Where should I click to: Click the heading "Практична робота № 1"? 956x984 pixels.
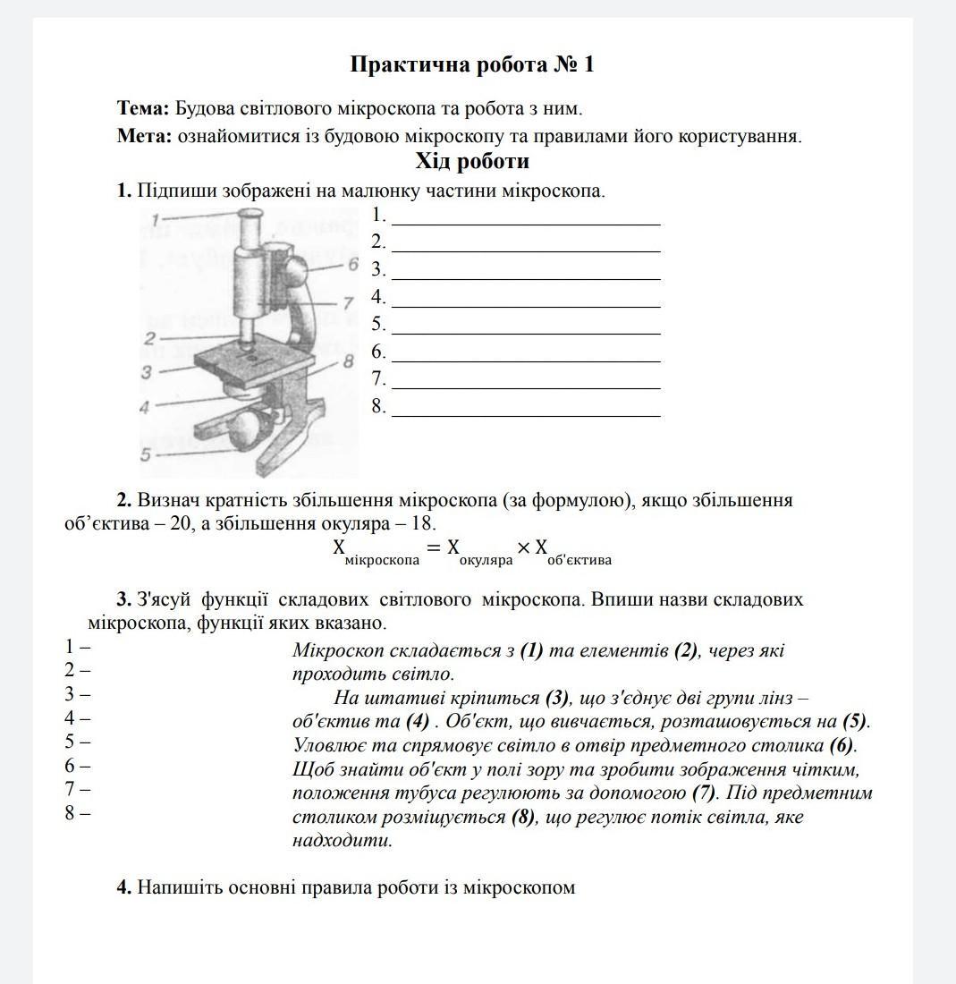point(472,65)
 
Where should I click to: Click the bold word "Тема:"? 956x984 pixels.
point(143,109)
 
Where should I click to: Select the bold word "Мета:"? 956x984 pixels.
point(144,137)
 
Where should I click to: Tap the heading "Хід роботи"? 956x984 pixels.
point(472,162)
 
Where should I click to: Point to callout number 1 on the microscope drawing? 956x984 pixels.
point(155,219)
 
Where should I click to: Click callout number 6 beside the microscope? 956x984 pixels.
point(352,264)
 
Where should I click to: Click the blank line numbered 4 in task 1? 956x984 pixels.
point(526,306)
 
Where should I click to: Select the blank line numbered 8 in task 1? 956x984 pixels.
point(526,416)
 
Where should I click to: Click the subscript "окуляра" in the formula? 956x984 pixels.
point(486,561)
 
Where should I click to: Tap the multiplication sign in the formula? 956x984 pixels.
point(524,547)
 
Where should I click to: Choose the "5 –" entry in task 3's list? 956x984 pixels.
point(77,742)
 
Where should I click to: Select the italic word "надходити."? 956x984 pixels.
point(343,841)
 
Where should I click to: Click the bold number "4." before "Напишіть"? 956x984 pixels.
point(124,888)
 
